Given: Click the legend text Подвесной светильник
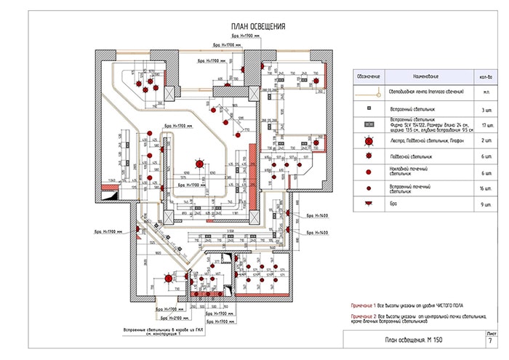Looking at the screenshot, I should (411, 156).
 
